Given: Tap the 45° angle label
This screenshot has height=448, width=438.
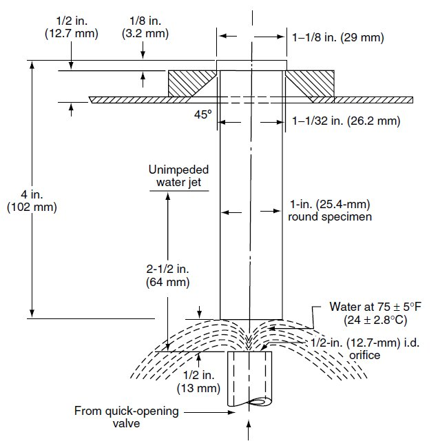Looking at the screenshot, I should pyautogui.click(x=202, y=116).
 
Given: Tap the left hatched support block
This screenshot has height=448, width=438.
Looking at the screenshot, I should pyautogui.click(x=189, y=83).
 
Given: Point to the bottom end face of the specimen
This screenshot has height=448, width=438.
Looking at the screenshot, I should pyautogui.click(x=251, y=318).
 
